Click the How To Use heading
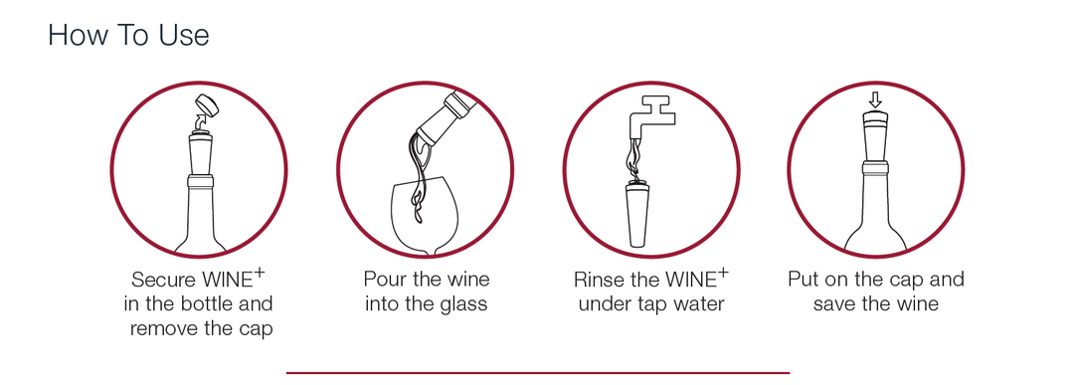128,36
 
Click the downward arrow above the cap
875,99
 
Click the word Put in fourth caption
804,280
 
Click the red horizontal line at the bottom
537,373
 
